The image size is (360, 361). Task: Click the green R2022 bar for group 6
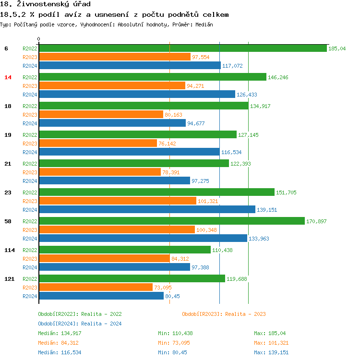[182, 48]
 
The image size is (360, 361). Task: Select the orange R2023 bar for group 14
[112, 85]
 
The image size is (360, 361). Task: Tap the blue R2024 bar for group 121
[101, 296]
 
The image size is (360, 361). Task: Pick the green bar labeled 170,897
[171, 221]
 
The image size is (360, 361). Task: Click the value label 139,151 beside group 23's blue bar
[267, 210]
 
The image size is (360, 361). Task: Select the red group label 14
[8, 77]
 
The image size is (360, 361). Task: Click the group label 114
[9, 250]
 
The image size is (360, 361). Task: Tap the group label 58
[8, 221]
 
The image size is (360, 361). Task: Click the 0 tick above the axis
[39, 39]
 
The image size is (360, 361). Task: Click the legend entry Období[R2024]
[58, 324]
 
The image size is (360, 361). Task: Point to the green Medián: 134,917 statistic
[60, 333]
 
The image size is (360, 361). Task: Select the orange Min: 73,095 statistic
[175, 343]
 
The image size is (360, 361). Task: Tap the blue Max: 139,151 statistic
[271, 352]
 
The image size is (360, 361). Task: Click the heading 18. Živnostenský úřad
[46, 4]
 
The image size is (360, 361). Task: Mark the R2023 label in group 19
[30, 144]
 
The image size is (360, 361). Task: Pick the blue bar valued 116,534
[129, 152]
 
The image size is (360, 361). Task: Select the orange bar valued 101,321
[117, 201]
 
